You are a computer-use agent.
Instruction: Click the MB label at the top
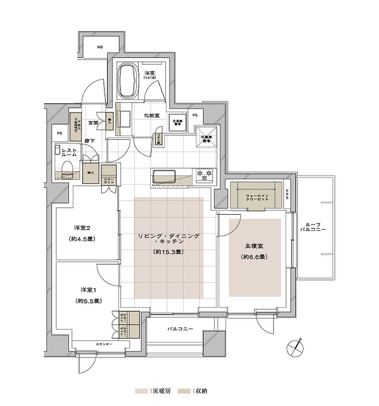click(x=100, y=48)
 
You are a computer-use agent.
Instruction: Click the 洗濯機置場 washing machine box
click(x=177, y=122)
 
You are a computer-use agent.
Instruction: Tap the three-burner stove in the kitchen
click(x=205, y=175)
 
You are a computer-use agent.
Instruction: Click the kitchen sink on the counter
click(x=164, y=176)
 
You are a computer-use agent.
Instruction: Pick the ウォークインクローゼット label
click(x=257, y=197)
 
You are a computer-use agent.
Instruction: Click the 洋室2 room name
click(x=83, y=228)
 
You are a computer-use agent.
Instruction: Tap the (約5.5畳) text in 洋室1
click(x=88, y=301)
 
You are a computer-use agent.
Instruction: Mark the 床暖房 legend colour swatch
click(x=141, y=391)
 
